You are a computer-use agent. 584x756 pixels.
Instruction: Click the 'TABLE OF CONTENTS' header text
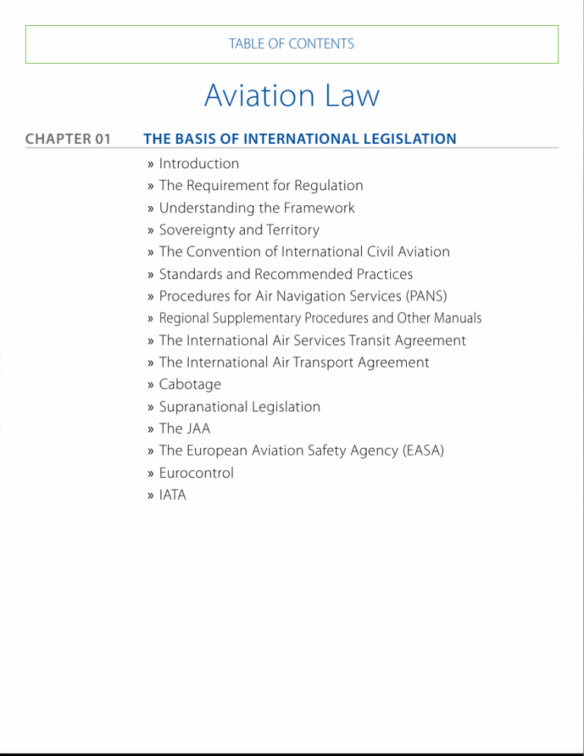291,44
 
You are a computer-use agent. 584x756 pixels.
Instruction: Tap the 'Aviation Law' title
291,97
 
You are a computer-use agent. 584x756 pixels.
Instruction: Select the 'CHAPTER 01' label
68,139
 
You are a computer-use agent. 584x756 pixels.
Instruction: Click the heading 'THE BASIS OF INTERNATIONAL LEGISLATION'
300,139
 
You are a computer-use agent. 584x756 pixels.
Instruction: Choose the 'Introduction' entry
198,164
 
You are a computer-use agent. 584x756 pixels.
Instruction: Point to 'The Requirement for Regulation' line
261,186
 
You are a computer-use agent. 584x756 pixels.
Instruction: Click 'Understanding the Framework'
256,208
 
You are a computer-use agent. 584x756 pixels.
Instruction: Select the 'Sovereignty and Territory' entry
239,230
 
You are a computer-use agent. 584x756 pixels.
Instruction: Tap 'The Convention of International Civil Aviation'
304,252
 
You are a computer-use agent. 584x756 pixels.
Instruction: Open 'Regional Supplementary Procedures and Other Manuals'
320,318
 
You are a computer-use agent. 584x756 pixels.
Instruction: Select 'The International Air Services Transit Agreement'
313,341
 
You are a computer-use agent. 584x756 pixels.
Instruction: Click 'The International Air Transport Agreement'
294,363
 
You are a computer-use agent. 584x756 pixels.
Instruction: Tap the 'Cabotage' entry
189,385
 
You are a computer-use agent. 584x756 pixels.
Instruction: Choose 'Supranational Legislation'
240,407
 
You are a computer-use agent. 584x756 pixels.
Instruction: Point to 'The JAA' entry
185,429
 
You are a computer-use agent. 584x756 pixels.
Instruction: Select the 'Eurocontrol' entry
196,473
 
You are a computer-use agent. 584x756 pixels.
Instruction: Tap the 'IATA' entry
173,495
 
